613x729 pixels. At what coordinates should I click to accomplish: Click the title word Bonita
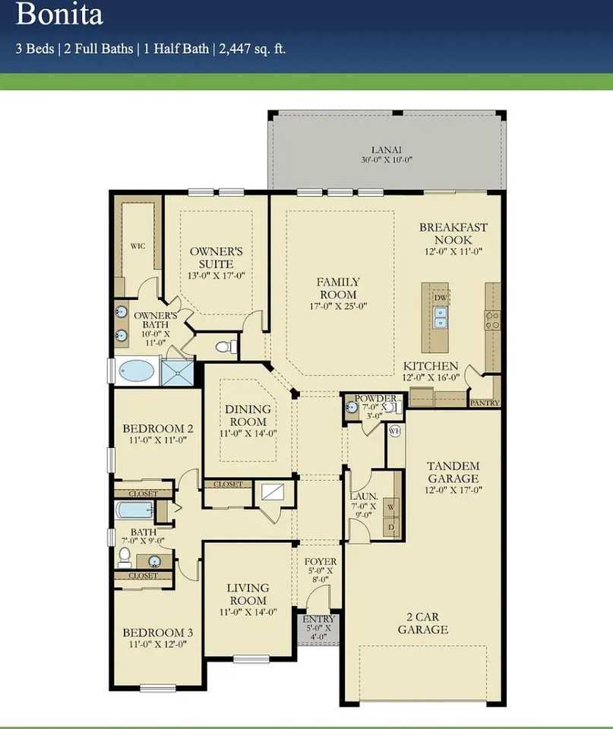click(59, 14)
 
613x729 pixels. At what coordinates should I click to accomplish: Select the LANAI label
click(387, 150)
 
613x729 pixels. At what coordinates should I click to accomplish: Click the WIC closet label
click(137, 246)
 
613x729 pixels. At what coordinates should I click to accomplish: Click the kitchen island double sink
click(441, 317)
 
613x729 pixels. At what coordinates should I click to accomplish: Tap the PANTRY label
click(484, 402)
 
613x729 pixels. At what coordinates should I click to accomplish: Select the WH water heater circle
click(394, 431)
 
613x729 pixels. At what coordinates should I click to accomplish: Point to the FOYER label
click(319, 561)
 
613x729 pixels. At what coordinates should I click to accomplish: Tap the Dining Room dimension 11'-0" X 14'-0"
click(248, 434)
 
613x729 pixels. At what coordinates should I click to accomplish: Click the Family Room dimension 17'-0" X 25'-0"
click(338, 307)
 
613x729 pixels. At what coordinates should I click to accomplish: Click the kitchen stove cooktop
click(492, 320)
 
